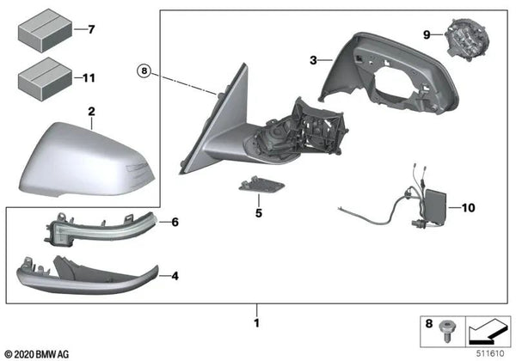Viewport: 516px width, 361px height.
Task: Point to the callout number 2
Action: click(91, 112)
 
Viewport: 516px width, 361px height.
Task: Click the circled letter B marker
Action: click(144, 69)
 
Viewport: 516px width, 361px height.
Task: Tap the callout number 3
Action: click(315, 60)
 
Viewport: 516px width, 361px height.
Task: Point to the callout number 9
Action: click(425, 35)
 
